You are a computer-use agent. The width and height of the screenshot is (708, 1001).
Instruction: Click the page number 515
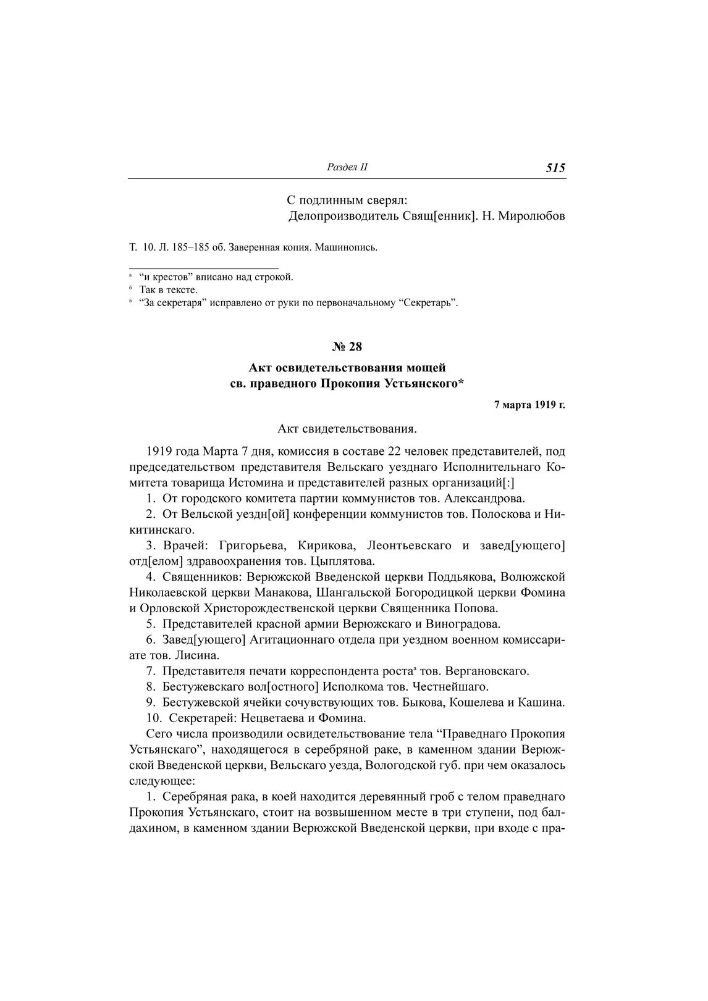point(555,168)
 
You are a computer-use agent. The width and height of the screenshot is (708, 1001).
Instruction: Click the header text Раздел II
point(347,167)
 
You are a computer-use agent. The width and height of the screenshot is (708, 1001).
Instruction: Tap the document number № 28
point(347,347)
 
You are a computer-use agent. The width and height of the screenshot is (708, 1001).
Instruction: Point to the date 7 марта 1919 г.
point(529,405)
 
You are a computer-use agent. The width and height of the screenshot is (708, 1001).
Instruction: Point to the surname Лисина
point(193,655)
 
